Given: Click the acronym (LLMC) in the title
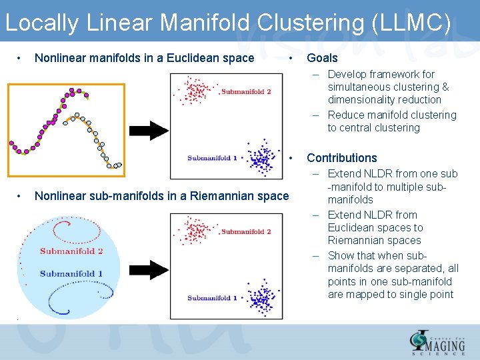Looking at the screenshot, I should tap(409, 23).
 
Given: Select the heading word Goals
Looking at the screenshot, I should tap(322, 58).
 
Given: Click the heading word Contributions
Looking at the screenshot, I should tap(341, 158).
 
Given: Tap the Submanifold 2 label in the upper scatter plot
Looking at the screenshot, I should tap(246, 92).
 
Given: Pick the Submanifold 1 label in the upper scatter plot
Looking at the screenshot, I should tap(213, 159).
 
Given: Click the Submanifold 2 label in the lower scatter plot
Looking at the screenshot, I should tap(246, 232).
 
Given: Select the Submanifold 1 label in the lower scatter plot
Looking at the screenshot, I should tap(213, 298).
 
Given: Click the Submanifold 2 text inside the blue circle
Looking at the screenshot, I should tap(71, 251).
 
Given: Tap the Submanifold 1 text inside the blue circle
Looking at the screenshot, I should tap(71, 273).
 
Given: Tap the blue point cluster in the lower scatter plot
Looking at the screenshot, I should tap(260, 297).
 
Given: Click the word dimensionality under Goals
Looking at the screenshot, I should tap(385, 100).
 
